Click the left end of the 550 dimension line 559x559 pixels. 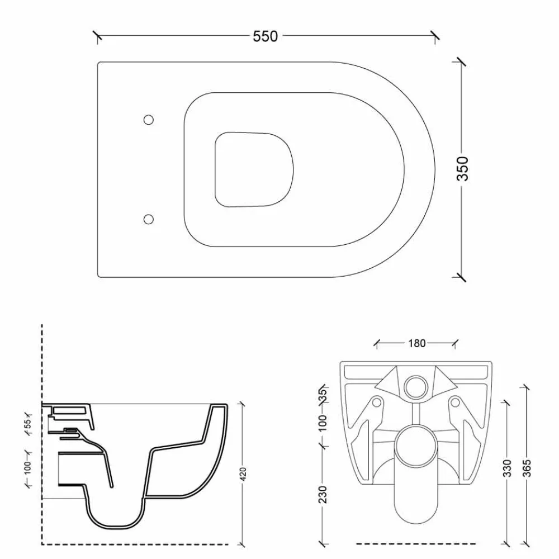(x=98, y=36)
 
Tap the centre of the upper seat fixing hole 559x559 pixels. (x=149, y=120)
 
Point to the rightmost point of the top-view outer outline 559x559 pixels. (x=435, y=170)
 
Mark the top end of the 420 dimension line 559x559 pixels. (x=243, y=404)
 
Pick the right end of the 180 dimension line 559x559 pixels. (x=455, y=343)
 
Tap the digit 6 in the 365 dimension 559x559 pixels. (x=527, y=468)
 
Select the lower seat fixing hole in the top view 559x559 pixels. (x=149, y=219)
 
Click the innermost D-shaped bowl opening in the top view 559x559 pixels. (x=254, y=170)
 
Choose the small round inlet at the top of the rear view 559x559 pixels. (x=416, y=387)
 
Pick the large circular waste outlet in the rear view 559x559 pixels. (x=416, y=446)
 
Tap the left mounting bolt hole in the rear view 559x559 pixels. (x=376, y=402)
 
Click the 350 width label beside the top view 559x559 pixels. (x=463, y=169)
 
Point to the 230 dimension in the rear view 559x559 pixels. (x=323, y=494)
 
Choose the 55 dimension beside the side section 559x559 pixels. (x=28, y=423)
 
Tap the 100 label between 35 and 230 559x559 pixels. (x=323, y=423)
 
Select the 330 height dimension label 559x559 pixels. (x=507, y=468)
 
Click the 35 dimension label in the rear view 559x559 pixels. (x=323, y=396)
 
